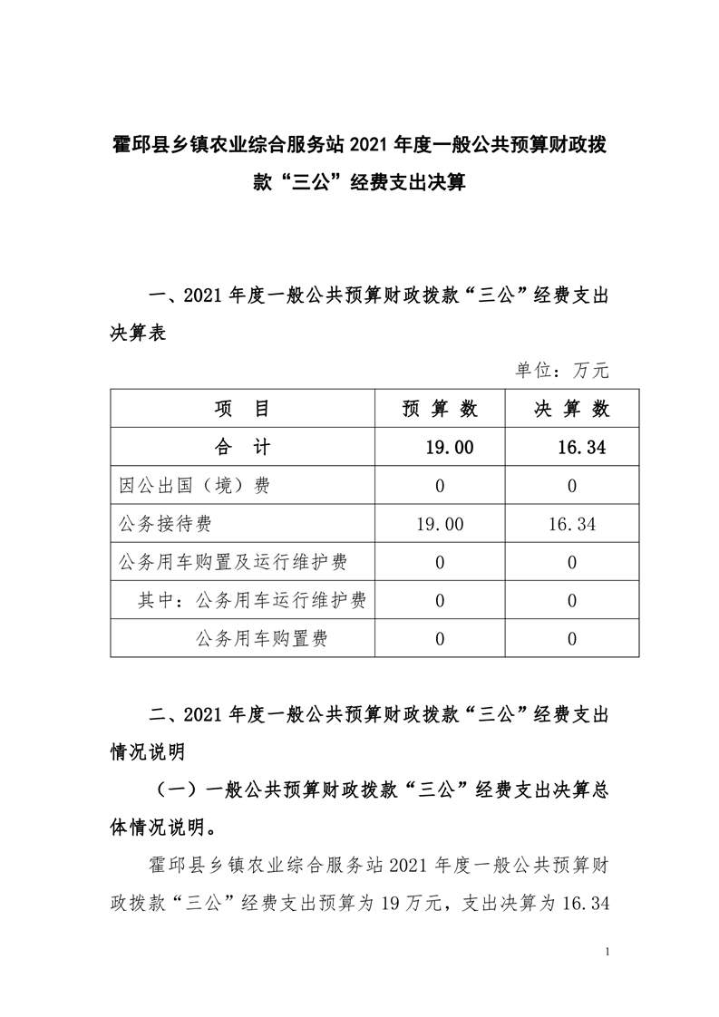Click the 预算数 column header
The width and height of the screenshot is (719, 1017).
click(x=440, y=409)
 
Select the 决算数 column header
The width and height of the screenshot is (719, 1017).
click(x=571, y=409)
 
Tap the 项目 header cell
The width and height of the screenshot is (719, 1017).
click(x=242, y=409)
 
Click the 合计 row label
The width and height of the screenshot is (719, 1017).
click(x=242, y=447)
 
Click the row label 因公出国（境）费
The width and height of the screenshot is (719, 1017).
click(x=194, y=486)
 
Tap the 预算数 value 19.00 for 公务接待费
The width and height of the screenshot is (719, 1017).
click(x=440, y=524)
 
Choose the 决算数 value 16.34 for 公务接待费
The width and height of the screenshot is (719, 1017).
click(x=571, y=524)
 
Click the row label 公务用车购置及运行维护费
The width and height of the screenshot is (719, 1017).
click(x=233, y=562)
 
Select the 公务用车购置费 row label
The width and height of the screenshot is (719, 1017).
click(x=261, y=639)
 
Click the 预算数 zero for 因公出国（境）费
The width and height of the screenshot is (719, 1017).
click(x=440, y=486)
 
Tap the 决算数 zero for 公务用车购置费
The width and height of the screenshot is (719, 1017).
click(x=571, y=639)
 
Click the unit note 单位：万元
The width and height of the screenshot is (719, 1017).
click(x=562, y=370)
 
